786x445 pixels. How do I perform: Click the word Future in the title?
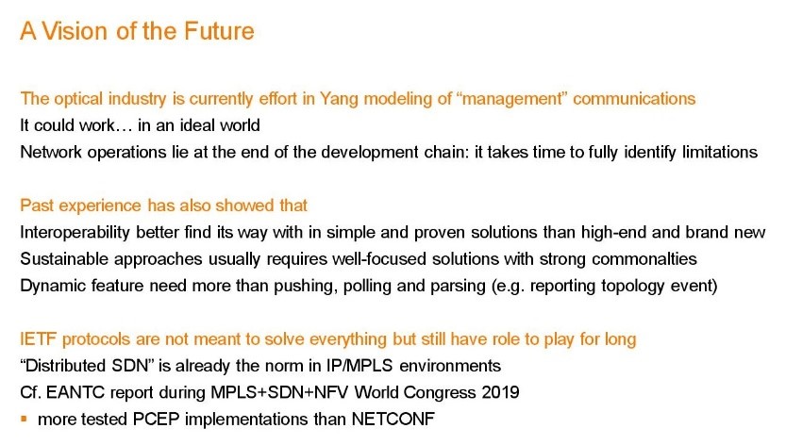click(219, 31)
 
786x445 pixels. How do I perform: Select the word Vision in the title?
click(75, 31)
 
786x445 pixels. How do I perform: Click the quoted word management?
click(512, 99)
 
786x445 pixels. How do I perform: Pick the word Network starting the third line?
click(51, 152)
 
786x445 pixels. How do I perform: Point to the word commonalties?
click(644, 259)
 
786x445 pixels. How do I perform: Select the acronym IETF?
click(38, 339)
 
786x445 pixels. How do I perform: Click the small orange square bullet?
click(24, 419)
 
